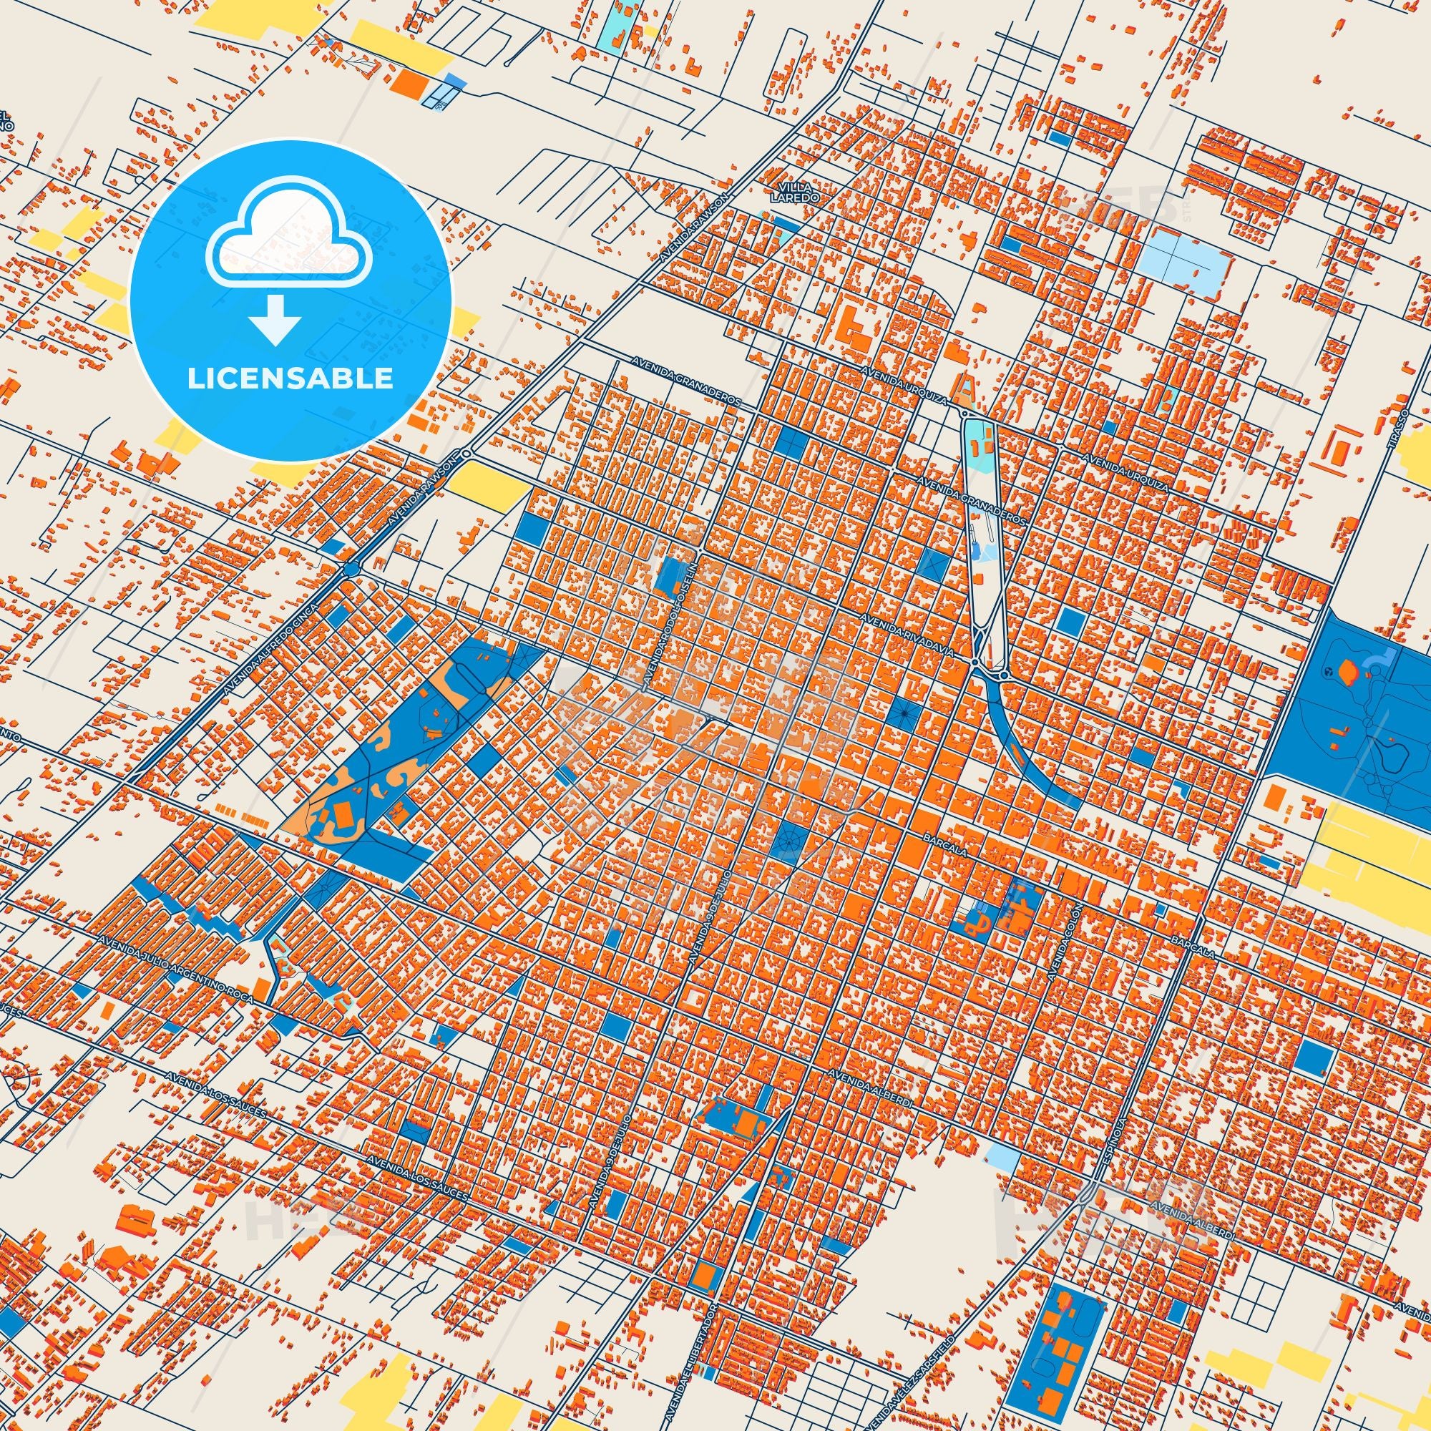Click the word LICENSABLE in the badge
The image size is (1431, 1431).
290,378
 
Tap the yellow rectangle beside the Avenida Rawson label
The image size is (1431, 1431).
487,485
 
